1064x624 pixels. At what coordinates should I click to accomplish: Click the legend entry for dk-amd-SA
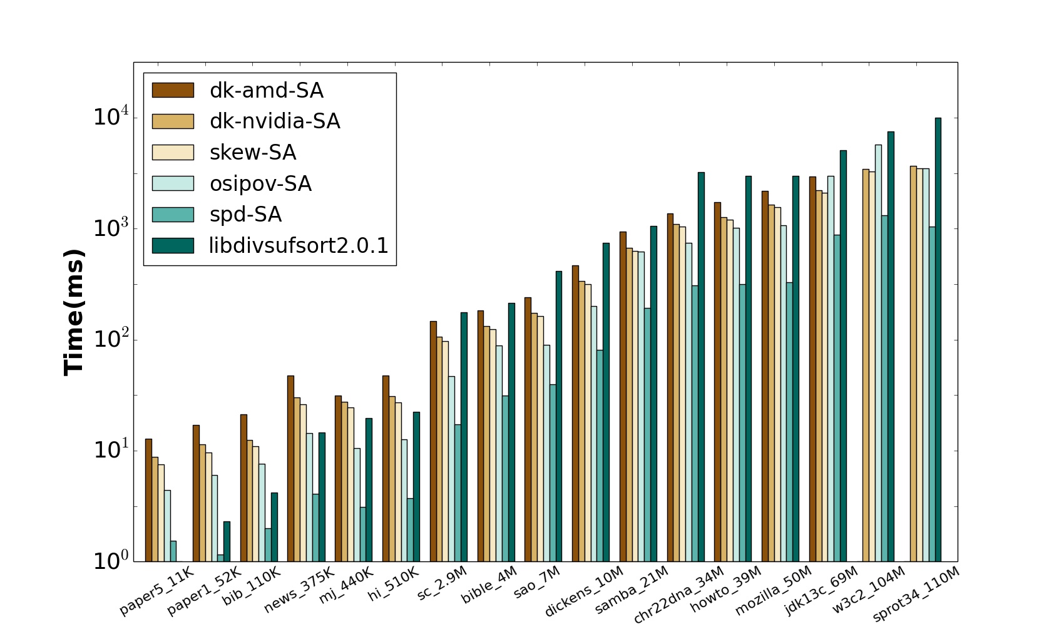pyautogui.click(x=266, y=90)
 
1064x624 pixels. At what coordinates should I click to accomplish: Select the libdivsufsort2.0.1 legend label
pyautogui.click(x=299, y=245)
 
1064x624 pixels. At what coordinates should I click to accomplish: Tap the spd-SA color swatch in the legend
pyautogui.click(x=173, y=214)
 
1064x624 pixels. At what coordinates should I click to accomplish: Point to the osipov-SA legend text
pyautogui.click(x=260, y=183)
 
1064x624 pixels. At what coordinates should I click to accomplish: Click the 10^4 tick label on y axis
pyautogui.click(x=111, y=117)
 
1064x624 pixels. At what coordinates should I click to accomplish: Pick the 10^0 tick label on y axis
pyautogui.click(x=111, y=561)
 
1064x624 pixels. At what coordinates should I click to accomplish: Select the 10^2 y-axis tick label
pyautogui.click(x=111, y=339)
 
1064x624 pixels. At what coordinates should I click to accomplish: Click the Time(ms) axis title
pyautogui.click(x=74, y=312)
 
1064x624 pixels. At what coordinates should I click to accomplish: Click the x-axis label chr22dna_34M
pyautogui.click(x=679, y=594)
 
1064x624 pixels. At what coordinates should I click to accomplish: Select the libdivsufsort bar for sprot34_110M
pyautogui.click(x=938, y=338)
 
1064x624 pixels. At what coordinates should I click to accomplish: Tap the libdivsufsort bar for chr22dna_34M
pyautogui.click(x=701, y=366)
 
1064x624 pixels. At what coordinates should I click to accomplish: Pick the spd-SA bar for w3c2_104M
pyautogui.click(x=884, y=388)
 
